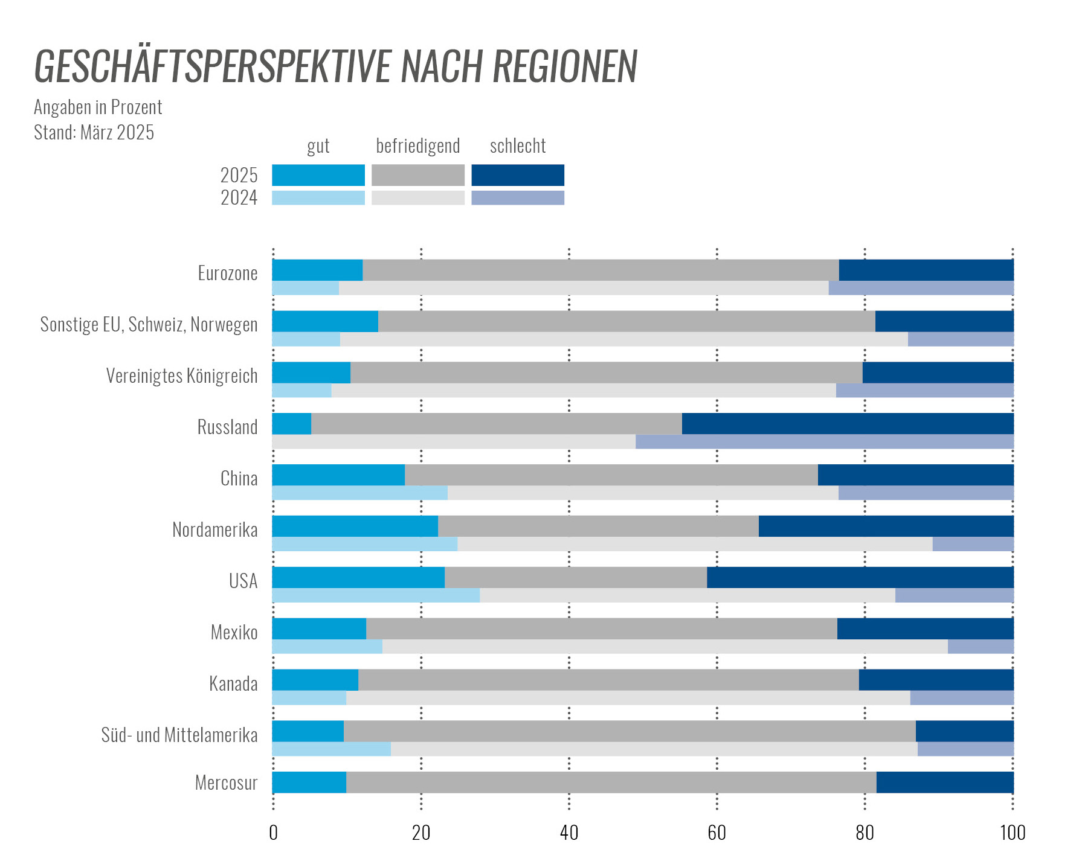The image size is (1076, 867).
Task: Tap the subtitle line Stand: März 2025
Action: (94, 132)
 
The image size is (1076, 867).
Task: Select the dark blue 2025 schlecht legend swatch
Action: (517, 175)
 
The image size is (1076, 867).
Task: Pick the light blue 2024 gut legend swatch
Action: (318, 198)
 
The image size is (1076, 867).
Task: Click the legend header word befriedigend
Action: (417, 146)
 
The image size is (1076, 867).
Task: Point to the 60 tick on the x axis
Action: (717, 833)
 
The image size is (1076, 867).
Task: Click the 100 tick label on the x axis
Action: (1013, 833)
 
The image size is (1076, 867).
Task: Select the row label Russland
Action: (227, 427)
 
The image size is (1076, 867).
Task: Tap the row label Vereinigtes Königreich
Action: (182, 376)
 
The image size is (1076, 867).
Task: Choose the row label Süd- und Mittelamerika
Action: (179, 735)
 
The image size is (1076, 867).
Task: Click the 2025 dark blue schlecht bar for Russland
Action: (847, 424)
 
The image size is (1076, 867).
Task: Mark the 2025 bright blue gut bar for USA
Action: (358, 578)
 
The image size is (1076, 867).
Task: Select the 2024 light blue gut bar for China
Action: (359, 493)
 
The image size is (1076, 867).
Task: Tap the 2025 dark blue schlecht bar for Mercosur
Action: (944, 782)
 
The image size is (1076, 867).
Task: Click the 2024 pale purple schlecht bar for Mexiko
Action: (980, 647)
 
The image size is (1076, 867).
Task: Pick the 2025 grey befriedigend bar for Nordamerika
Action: (598, 526)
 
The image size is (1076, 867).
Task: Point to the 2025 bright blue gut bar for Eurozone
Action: (317, 270)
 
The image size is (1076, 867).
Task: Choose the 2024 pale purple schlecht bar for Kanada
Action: (961, 699)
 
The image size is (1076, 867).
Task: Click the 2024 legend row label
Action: (239, 198)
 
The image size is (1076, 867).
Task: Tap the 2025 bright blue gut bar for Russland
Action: (291, 424)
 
